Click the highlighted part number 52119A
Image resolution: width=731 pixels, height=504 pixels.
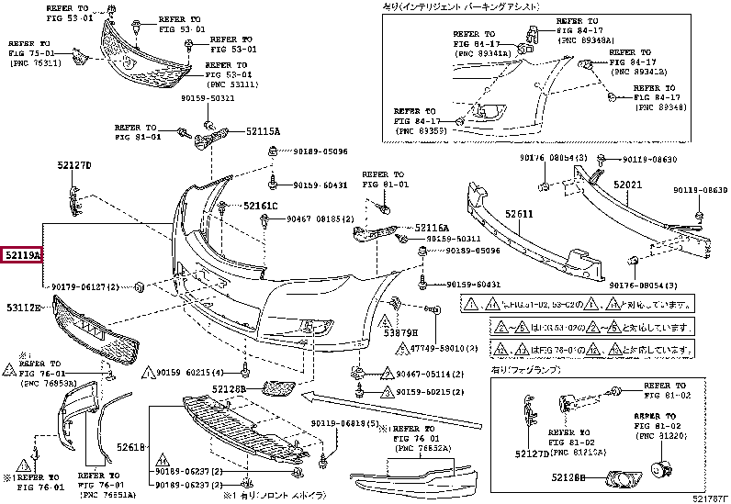click(x=23, y=253)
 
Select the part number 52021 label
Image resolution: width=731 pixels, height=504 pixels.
click(x=627, y=185)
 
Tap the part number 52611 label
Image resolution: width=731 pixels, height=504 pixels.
click(x=517, y=215)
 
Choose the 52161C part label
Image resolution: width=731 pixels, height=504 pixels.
click(x=260, y=206)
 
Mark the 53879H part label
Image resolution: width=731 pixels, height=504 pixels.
click(x=400, y=331)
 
